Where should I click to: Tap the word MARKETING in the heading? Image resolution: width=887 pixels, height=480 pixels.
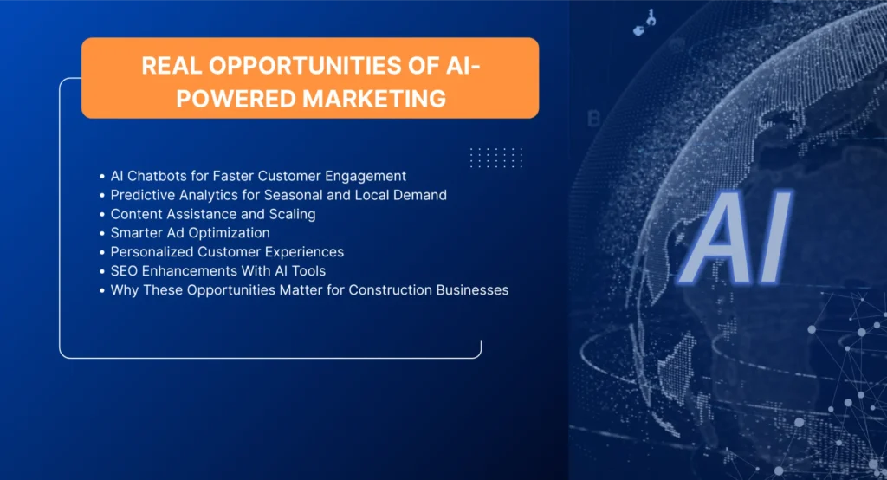374,99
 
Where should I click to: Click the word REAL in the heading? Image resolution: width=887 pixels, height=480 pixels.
172,66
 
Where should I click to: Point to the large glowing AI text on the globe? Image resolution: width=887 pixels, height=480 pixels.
735,238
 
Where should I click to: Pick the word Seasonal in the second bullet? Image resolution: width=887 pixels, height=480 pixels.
293,195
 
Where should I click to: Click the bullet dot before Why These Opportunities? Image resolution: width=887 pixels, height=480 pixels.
102,291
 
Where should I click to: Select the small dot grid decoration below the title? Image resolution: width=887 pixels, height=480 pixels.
496,158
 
